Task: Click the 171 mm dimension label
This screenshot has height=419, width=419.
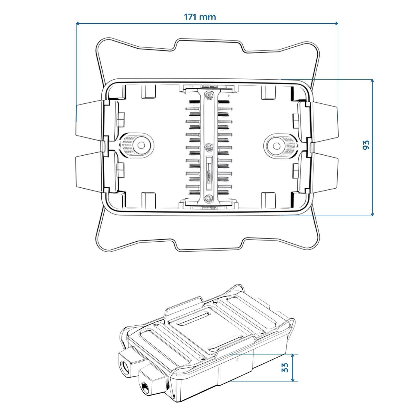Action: coord(200,17)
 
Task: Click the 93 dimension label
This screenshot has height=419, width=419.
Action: coord(366,144)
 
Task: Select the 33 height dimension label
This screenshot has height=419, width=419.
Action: coord(285,368)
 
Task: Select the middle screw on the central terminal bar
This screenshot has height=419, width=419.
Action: coord(208,147)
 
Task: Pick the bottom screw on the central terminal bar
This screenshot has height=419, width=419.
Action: coord(208,199)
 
